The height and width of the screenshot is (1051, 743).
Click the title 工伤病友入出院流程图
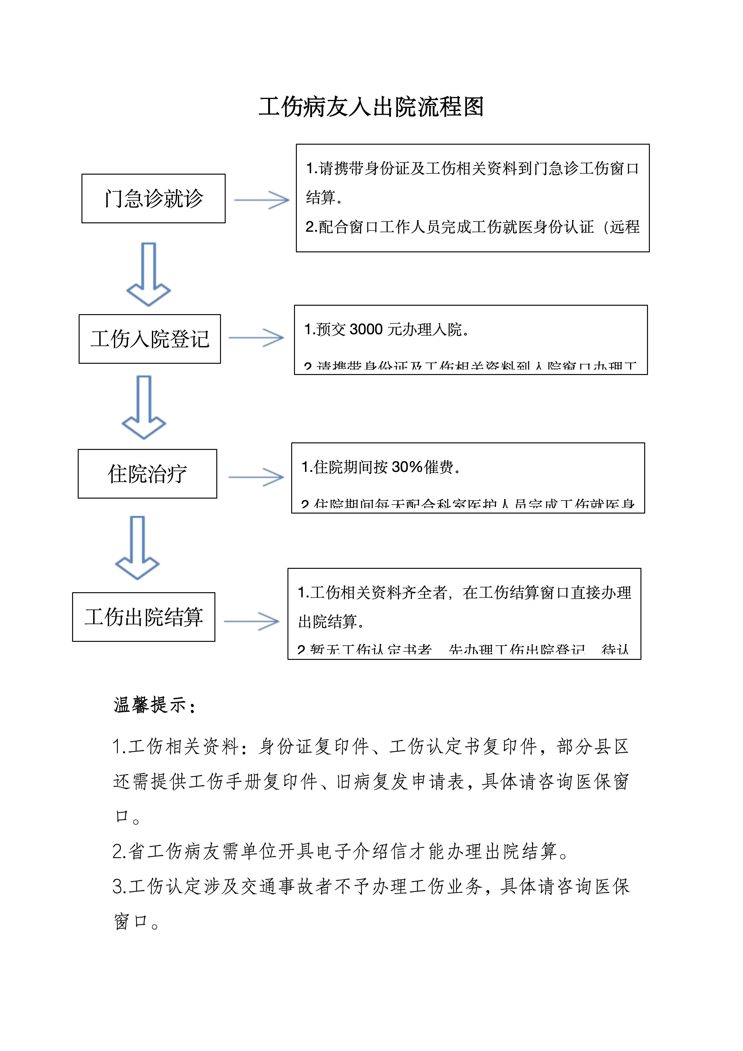[x=371, y=107]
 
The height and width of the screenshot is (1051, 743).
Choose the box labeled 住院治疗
[x=147, y=474]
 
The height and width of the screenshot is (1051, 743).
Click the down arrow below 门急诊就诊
[x=148, y=275]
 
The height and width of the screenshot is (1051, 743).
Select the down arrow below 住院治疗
[x=137, y=548]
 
